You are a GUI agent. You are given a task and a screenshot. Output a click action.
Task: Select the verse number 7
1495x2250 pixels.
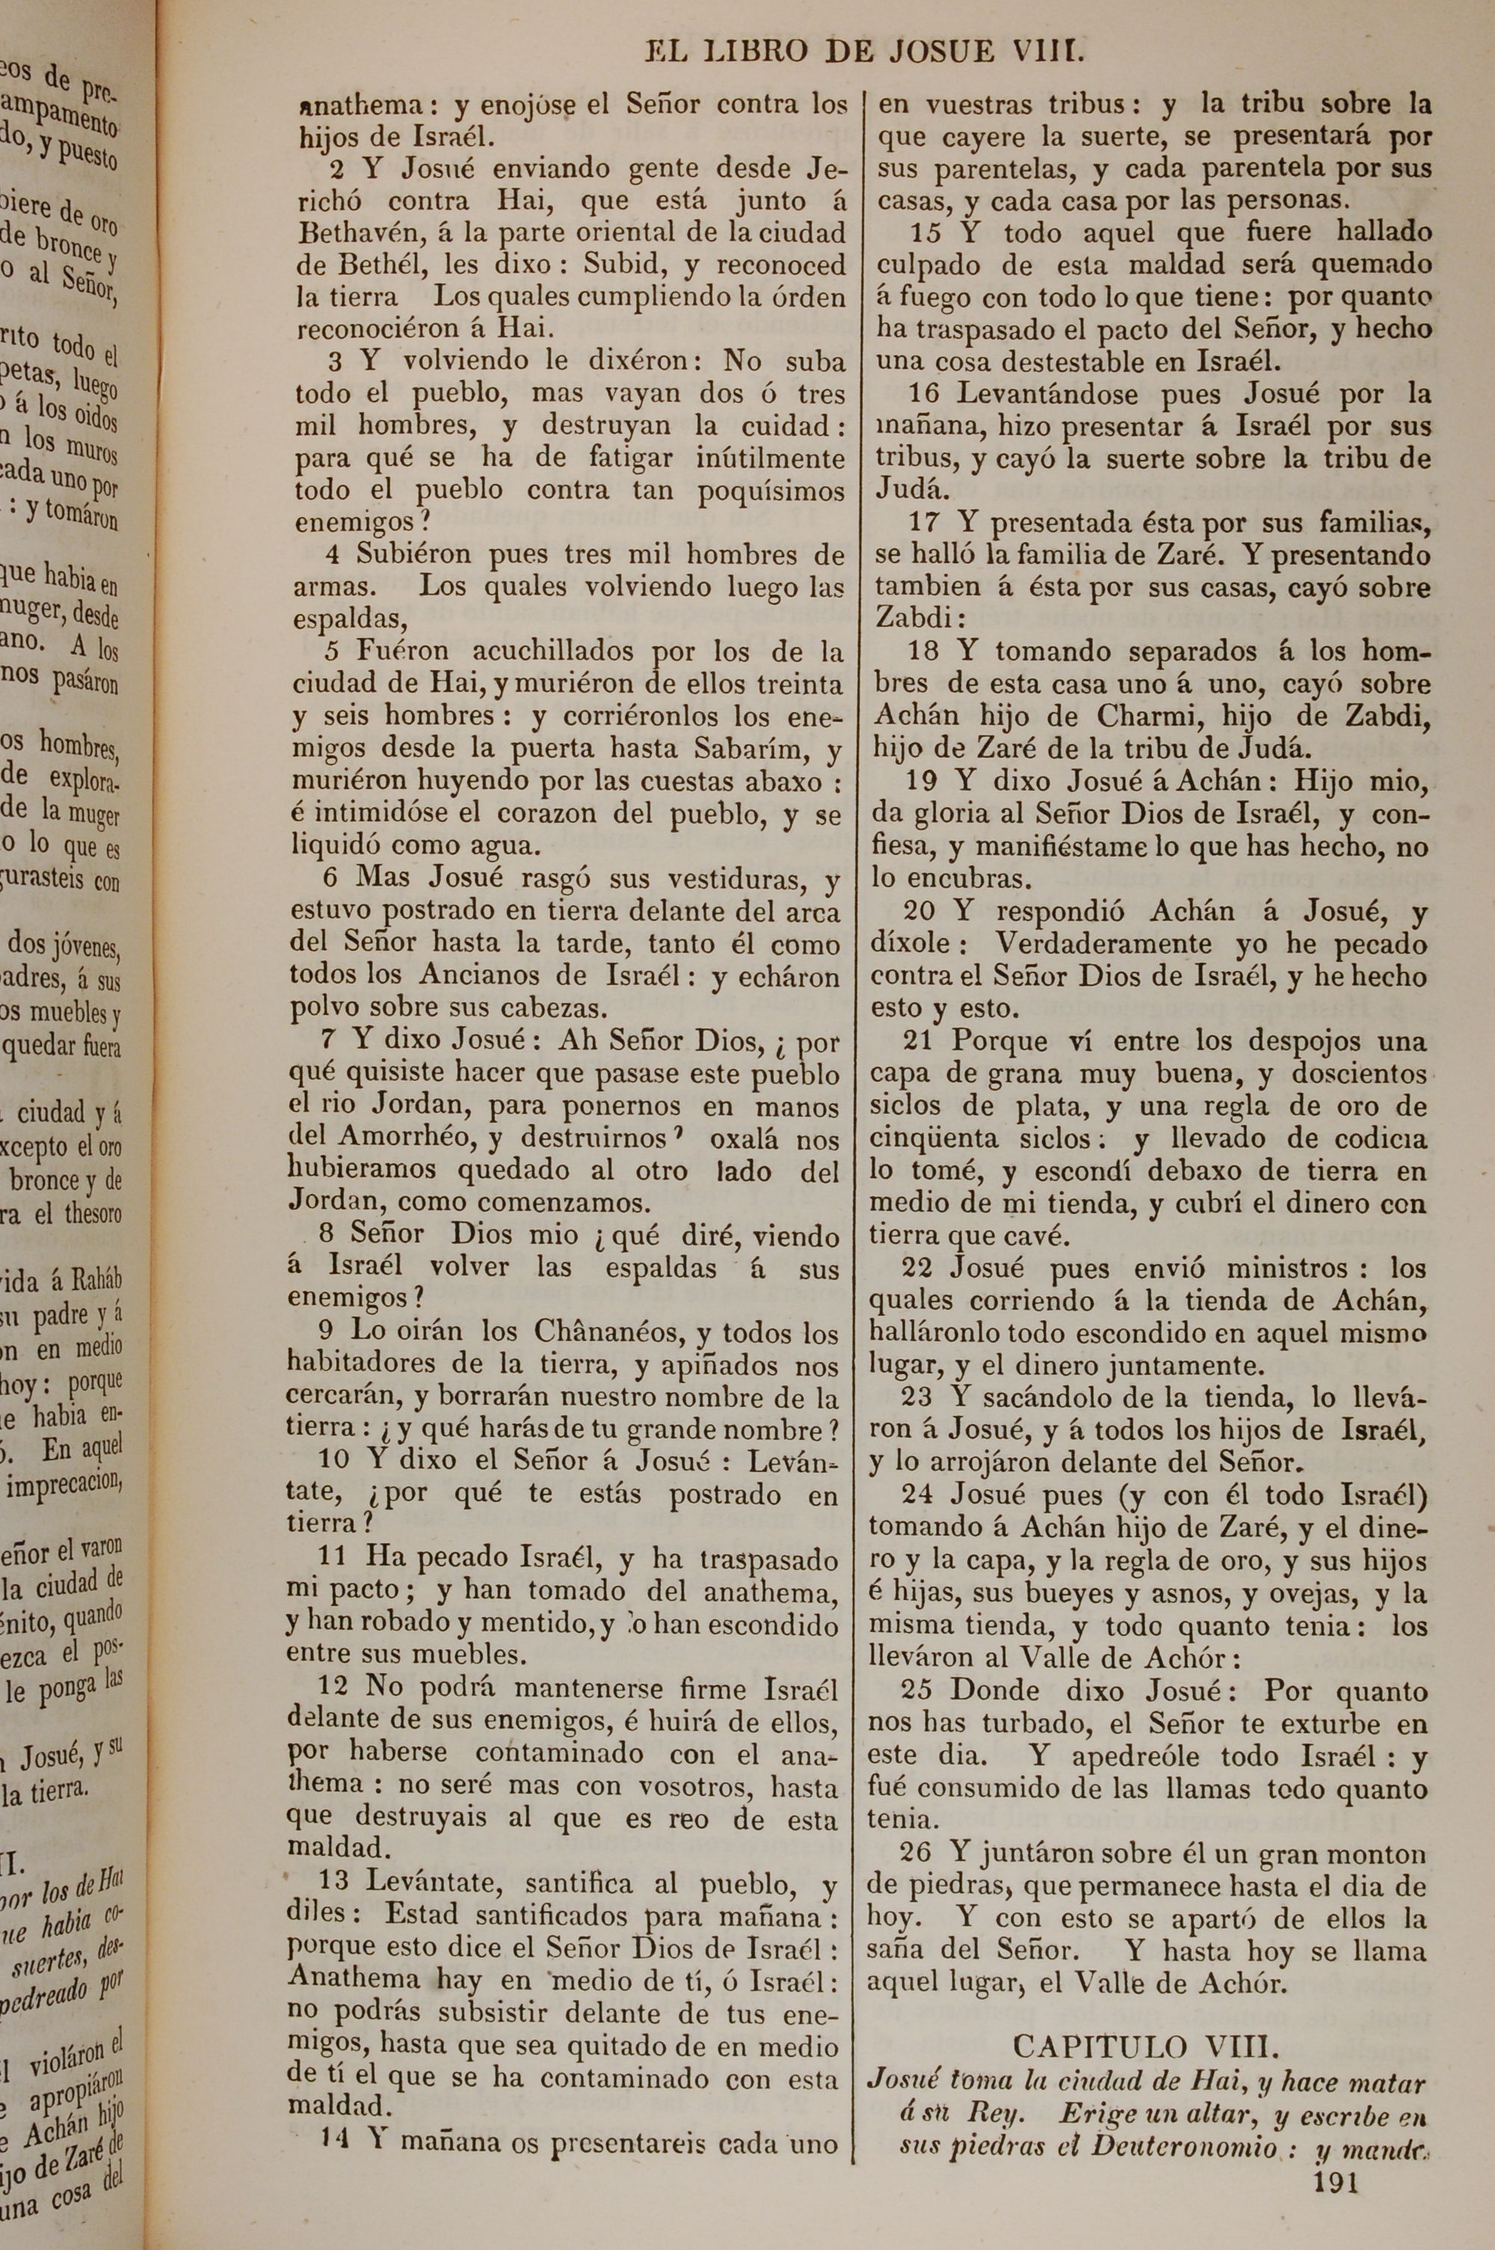coord(330,1039)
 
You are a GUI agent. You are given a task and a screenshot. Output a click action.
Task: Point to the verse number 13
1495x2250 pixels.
coord(333,1883)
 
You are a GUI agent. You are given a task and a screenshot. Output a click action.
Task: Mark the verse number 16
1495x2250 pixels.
coord(925,393)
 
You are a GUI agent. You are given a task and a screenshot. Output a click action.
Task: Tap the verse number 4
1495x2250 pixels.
coord(333,554)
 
